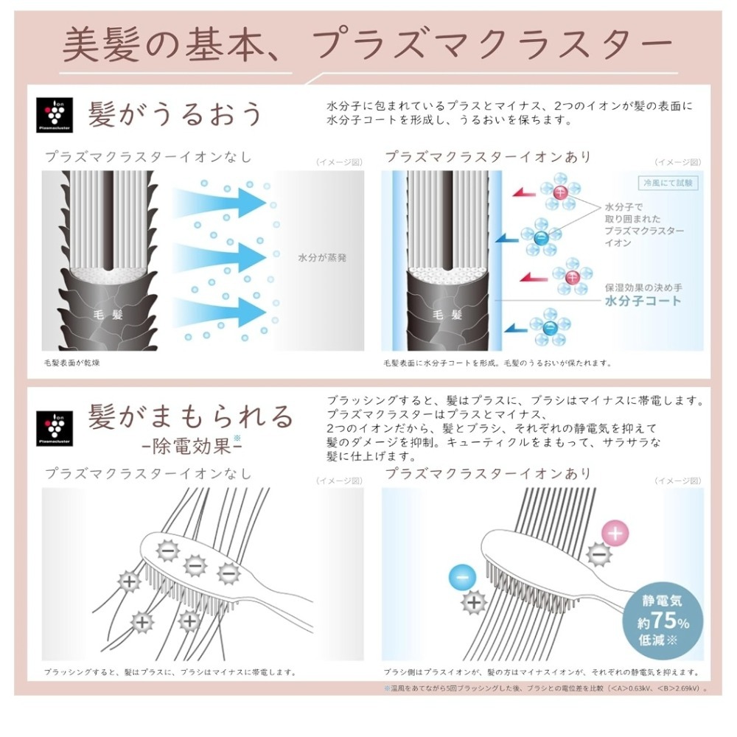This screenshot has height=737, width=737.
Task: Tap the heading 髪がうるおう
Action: tap(175, 114)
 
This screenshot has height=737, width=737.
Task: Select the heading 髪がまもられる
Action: tap(190, 416)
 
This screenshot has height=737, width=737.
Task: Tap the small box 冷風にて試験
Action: tap(668, 183)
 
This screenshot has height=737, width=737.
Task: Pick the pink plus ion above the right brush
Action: tap(616, 531)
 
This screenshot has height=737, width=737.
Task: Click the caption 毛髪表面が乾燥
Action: tap(72, 363)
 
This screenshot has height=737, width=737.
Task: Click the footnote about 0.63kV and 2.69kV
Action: tap(545, 688)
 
